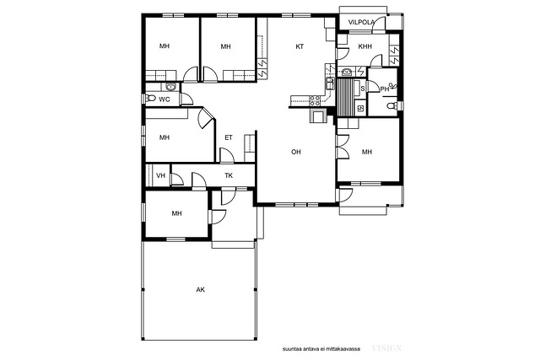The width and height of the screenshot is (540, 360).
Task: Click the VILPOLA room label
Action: click(x=361, y=23)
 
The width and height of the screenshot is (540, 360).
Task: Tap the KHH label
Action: click(x=365, y=46)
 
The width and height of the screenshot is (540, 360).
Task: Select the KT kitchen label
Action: click(x=300, y=46)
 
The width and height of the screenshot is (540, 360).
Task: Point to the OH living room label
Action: click(x=296, y=152)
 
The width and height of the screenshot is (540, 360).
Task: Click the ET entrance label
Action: click(x=229, y=137)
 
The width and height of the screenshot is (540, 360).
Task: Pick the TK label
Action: click(x=229, y=175)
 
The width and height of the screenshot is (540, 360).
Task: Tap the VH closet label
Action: click(x=161, y=175)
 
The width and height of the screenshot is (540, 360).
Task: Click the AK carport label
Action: click(x=201, y=290)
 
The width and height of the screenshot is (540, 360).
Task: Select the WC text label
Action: click(x=165, y=99)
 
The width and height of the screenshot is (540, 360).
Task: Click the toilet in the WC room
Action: click(x=150, y=99)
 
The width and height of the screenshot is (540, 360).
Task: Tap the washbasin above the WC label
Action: click(x=170, y=87)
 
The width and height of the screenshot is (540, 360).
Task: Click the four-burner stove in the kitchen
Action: click(x=315, y=100)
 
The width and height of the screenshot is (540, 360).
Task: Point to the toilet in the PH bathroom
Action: click(x=392, y=105)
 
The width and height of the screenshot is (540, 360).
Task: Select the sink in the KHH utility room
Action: click(x=347, y=72)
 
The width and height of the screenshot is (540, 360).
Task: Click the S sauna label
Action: click(x=363, y=89)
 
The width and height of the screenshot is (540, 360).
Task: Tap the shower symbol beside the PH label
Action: click(x=392, y=86)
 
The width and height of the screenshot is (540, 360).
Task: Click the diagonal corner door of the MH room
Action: click(x=206, y=118)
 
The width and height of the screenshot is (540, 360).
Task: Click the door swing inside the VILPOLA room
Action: click(x=380, y=24)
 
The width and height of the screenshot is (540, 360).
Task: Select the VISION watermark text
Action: click(x=386, y=348)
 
